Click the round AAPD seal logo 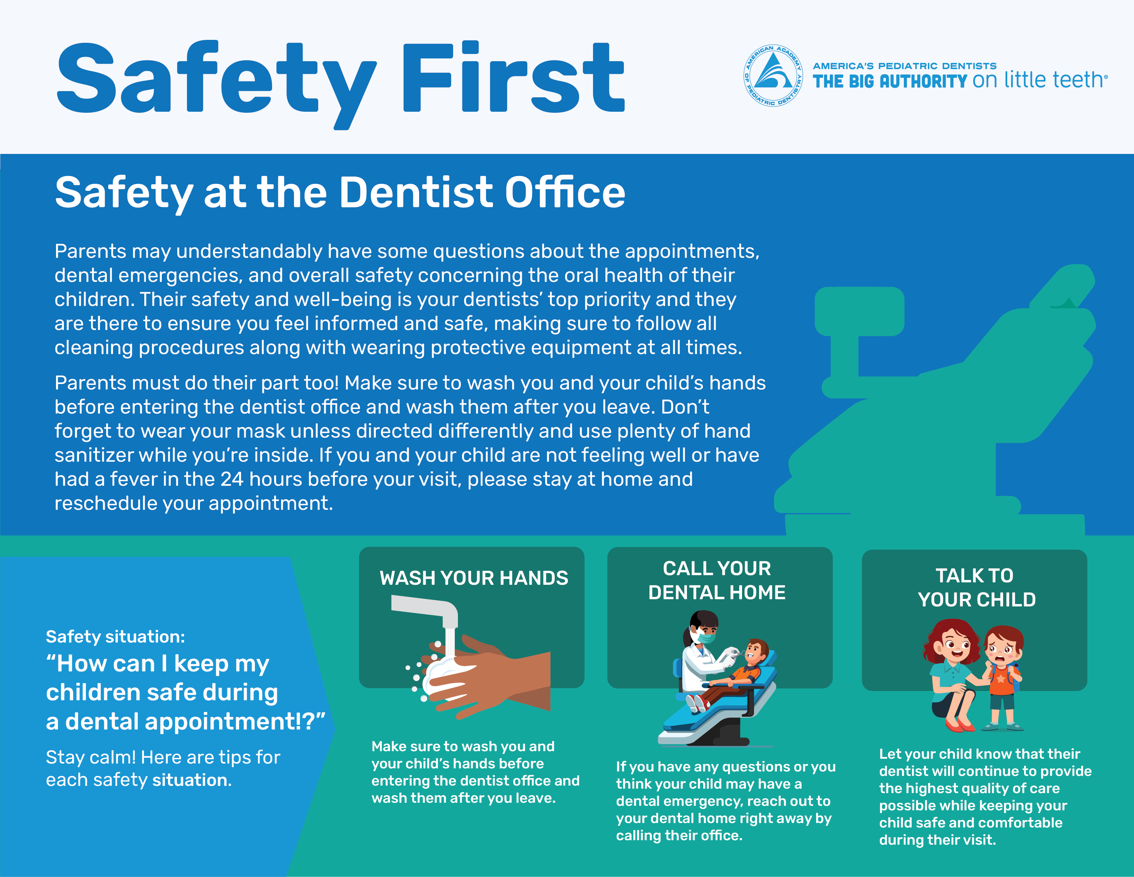tap(773, 75)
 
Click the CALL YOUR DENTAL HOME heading tap(717, 580)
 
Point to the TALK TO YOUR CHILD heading tap(976, 588)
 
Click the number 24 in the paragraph tap(232, 479)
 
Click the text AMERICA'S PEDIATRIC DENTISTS tap(905, 66)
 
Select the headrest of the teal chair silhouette tap(859, 311)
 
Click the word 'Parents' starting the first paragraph tap(91, 251)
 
